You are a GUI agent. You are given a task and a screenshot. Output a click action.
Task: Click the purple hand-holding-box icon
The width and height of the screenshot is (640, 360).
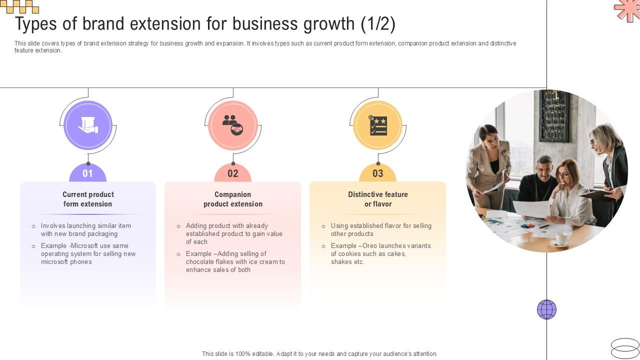click(88, 125)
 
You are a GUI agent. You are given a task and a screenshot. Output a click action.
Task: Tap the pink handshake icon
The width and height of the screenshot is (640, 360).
click(233, 125)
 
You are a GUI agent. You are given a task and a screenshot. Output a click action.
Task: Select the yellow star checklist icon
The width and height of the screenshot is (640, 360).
click(378, 125)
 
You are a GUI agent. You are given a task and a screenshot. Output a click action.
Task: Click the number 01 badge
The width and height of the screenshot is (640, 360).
click(88, 173)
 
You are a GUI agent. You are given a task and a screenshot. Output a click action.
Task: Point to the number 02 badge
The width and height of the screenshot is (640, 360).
click(233, 173)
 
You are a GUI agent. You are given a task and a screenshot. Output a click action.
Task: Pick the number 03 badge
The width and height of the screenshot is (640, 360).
click(378, 173)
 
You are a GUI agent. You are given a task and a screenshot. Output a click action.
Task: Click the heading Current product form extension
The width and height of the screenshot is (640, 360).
click(88, 199)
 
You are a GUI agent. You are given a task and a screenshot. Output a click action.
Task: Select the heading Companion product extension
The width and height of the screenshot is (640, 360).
click(233, 199)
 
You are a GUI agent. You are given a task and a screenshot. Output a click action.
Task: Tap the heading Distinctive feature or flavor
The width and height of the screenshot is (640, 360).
click(378, 199)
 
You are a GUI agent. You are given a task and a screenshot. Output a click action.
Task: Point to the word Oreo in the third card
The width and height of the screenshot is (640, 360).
click(369, 246)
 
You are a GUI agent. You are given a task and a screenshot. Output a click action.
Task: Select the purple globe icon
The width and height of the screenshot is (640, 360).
click(546, 309)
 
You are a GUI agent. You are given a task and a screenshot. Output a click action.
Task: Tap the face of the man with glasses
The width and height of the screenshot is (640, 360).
click(543, 167)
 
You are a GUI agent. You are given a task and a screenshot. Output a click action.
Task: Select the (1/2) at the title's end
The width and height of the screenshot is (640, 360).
click(378, 24)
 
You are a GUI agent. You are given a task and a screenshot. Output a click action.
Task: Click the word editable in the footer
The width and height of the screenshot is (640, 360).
click(260, 354)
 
